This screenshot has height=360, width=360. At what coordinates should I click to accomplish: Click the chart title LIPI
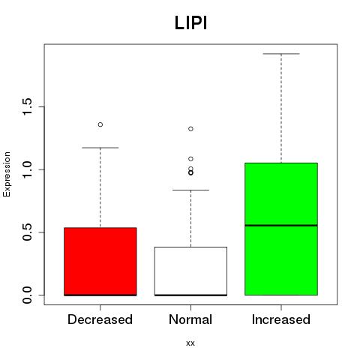point(190,23)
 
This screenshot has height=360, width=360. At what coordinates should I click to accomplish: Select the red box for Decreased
point(100,262)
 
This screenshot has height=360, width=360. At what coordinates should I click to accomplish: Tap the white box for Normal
point(190,271)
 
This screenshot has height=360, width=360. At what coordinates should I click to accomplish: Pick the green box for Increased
point(281,229)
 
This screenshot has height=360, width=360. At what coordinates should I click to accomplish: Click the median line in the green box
point(281,226)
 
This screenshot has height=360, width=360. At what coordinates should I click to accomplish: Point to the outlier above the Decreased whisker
point(100,124)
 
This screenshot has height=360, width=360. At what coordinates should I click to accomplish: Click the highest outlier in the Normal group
point(190,129)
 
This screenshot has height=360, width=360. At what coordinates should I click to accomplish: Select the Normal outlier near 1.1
point(190,159)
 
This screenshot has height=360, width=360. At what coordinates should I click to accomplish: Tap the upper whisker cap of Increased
point(281,54)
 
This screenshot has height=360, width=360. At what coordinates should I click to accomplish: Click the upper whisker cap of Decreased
point(100,148)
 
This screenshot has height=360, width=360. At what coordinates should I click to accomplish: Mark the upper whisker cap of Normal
point(190,190)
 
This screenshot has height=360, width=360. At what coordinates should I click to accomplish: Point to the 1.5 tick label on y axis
point(27,106)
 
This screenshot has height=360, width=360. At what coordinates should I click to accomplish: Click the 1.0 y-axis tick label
point(27,169)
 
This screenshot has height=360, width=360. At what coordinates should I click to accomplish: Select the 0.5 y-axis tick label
point(27,232)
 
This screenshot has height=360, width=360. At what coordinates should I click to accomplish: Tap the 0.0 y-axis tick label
point(27,295)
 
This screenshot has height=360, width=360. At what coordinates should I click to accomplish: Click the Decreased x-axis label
point(100,319)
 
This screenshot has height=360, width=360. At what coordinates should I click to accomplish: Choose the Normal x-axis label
point(190,319)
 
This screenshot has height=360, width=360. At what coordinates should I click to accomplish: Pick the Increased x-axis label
point(281,319)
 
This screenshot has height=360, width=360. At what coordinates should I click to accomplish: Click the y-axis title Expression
point(7,174)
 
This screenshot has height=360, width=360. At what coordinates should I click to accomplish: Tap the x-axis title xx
point(190,343)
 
